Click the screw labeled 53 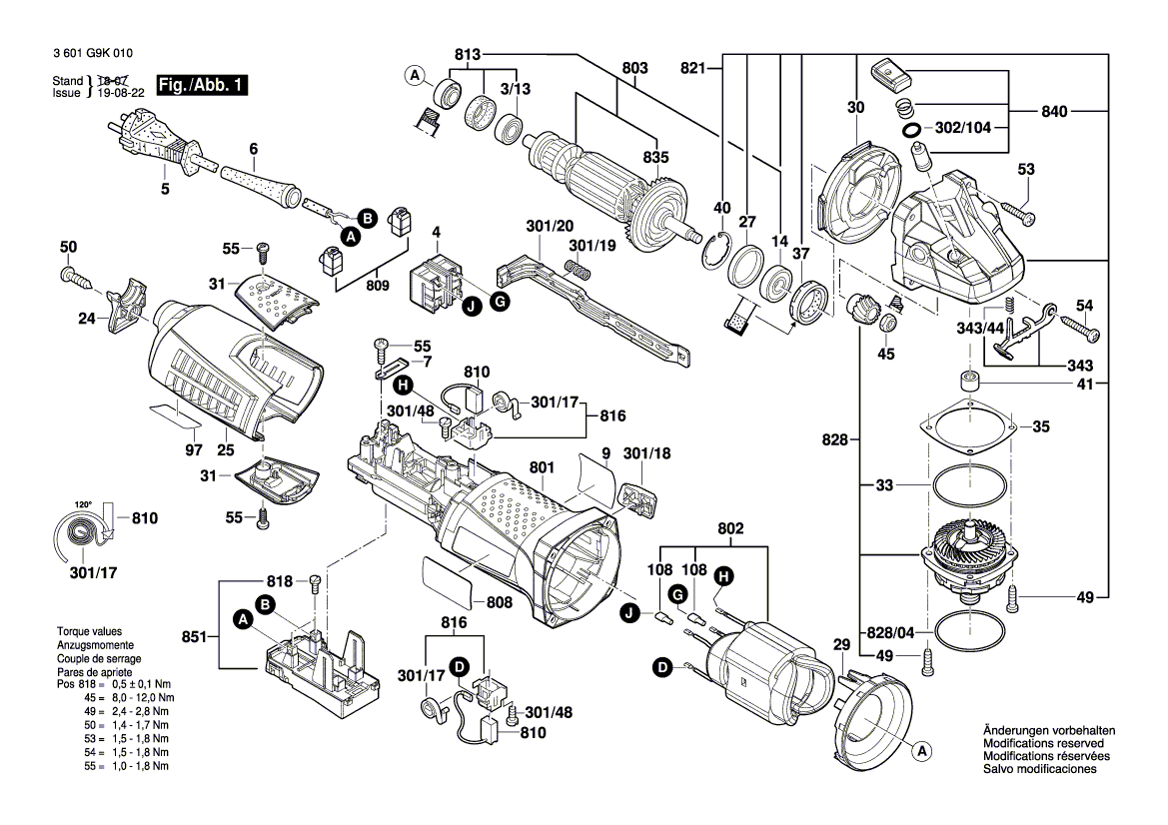click(x=1016, y=212)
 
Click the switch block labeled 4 click(x=436, y=279)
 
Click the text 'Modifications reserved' click(x=1043, y=744)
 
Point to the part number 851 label click(x=195, y=636)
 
